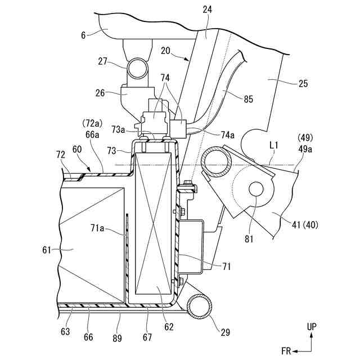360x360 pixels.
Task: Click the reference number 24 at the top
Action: [208, 10]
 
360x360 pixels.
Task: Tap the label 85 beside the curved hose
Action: [248, 99]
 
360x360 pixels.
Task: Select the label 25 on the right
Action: [303, 84]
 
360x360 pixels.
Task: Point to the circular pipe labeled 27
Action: [137, 69]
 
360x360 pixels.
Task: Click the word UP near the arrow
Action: [312, 327]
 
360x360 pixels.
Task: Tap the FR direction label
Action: [286, 351]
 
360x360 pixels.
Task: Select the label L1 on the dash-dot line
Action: [273, 145]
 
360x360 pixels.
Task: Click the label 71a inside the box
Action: [97, 228]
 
